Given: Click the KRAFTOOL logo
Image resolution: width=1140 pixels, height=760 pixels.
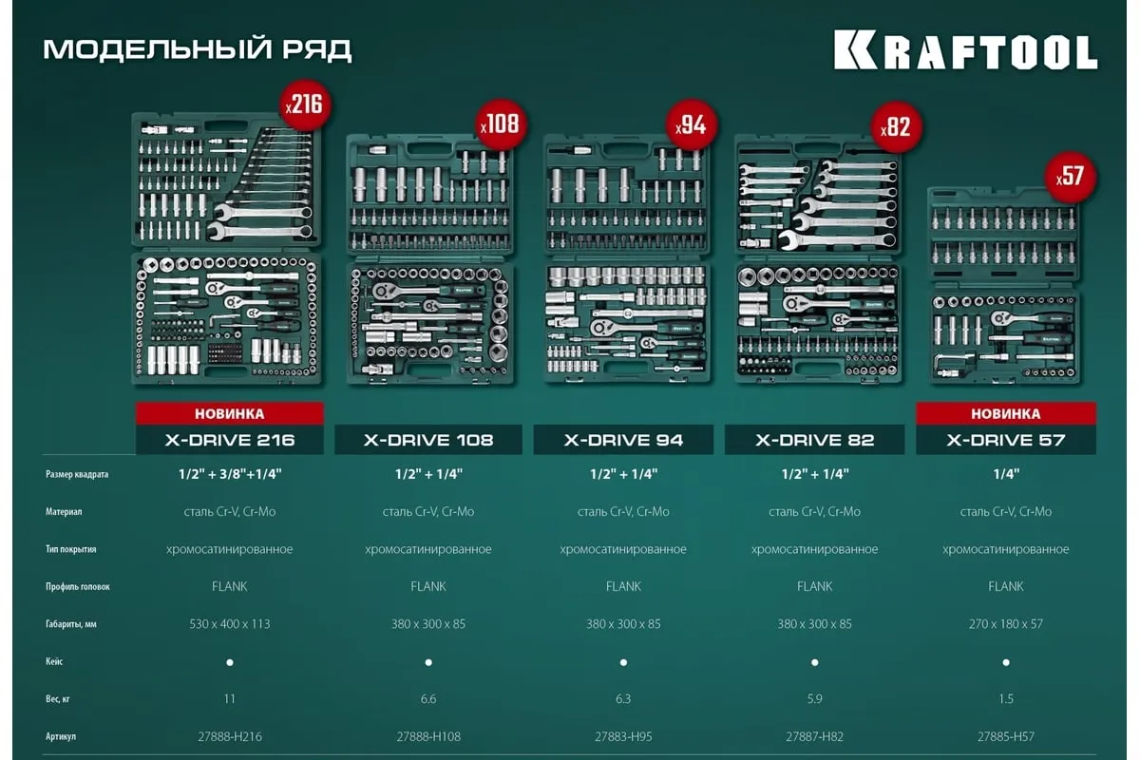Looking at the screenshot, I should pyautogui.click(x=965, y=50).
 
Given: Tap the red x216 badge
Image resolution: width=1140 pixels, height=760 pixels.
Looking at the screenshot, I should pyautogui.click(x=304, y=104).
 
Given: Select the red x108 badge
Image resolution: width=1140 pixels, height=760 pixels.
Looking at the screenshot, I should pyautogui.click(x=501, y=125).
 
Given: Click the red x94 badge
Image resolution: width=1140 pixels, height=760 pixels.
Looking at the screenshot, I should pyautogui.click(x=693, y=125).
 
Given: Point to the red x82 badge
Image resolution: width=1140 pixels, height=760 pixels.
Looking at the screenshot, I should pyautogui.click(x=896, y=125).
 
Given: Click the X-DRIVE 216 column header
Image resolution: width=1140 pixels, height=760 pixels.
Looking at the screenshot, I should pyautogui.click(x=229, y=440).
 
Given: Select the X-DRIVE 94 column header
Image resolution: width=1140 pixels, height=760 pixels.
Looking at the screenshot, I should pyautogui.click(x=623, y=440).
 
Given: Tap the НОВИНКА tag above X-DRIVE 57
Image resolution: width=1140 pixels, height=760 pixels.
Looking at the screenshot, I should pyautogui.click(x=1005, y=414).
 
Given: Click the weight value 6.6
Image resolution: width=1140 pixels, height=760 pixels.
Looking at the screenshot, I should pyautogui.click(x=428, y=699).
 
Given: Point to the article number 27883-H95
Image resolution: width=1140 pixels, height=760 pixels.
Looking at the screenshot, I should pyautogui.click(x=623, y=736).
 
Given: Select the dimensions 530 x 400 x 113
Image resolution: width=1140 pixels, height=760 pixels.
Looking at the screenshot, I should pyautogui.click(x=229, y=624).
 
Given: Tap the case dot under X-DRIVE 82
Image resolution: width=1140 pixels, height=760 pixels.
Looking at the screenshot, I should pyautogui.click(x=815, y=662).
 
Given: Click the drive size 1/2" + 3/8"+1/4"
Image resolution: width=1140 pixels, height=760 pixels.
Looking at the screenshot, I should pyautogui.click(x=229, y=473).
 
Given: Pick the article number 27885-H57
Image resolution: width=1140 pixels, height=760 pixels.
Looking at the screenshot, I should pyautogui.click(x=1005, y=736).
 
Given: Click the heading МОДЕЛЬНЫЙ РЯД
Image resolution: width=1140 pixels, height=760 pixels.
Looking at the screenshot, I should pyautogui.click(x=198, y=49).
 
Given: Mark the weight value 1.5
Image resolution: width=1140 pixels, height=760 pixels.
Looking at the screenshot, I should pyautogui.click(x=1005, y=699).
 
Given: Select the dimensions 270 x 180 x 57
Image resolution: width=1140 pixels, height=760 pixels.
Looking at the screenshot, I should pyautogui.click(x=1005, y=624).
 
